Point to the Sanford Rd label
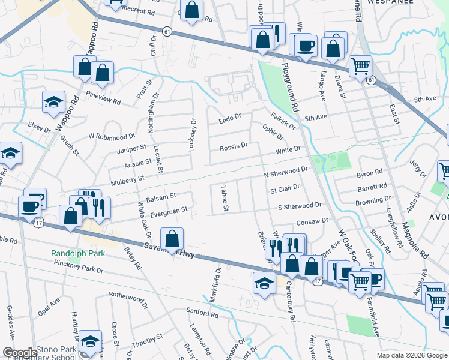click(x=201, y=313)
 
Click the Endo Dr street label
click(x=230, y=121)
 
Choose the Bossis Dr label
click(x=234, y=146)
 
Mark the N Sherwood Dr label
click(x=286, y=172)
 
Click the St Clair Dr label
click(x=285, y=190)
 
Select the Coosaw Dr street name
click(x=312, y=221)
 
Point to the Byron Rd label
click(x=369, y=173)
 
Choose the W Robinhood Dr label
click(x=112, y=136)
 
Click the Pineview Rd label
click(x=103, y=95)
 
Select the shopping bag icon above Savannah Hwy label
click(x=172, y=239)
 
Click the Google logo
click(x=19, y=353)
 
